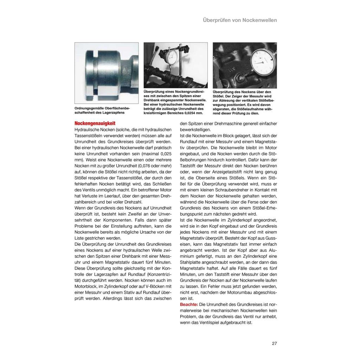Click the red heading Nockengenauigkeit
click(x=95, y=124)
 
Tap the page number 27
click(x=274, y=343)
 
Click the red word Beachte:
click(x=189, y=304)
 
